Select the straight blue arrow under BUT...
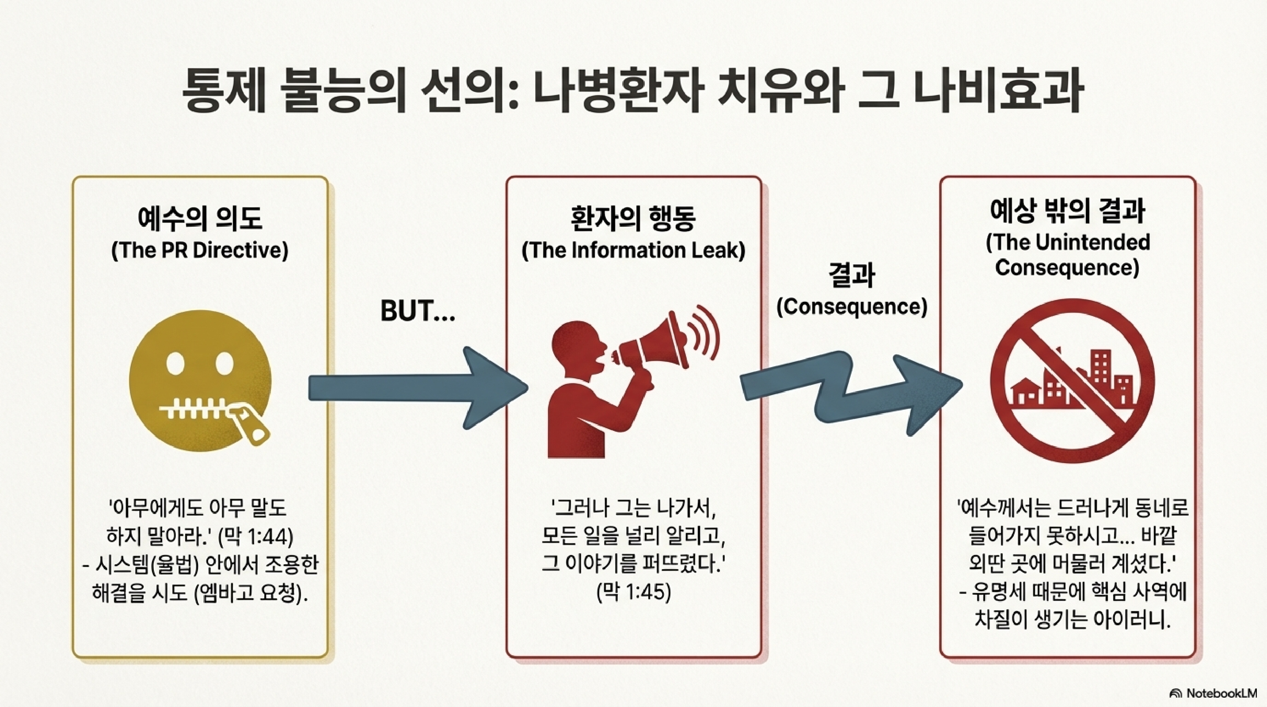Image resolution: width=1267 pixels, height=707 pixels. point(418,388)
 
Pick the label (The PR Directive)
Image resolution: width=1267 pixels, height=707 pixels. point(200,250)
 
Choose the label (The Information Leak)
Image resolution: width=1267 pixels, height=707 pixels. point(634,250)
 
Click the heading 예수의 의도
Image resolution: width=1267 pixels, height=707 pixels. point(200,218)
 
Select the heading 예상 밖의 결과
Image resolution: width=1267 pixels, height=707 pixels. point(1067,211)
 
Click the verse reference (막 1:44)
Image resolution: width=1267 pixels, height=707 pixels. point(256,536)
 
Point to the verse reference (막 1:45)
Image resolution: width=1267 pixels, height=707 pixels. point(634,593)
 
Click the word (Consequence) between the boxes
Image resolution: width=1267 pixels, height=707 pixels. point(852,307)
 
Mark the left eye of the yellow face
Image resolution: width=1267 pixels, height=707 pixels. point(175,364)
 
